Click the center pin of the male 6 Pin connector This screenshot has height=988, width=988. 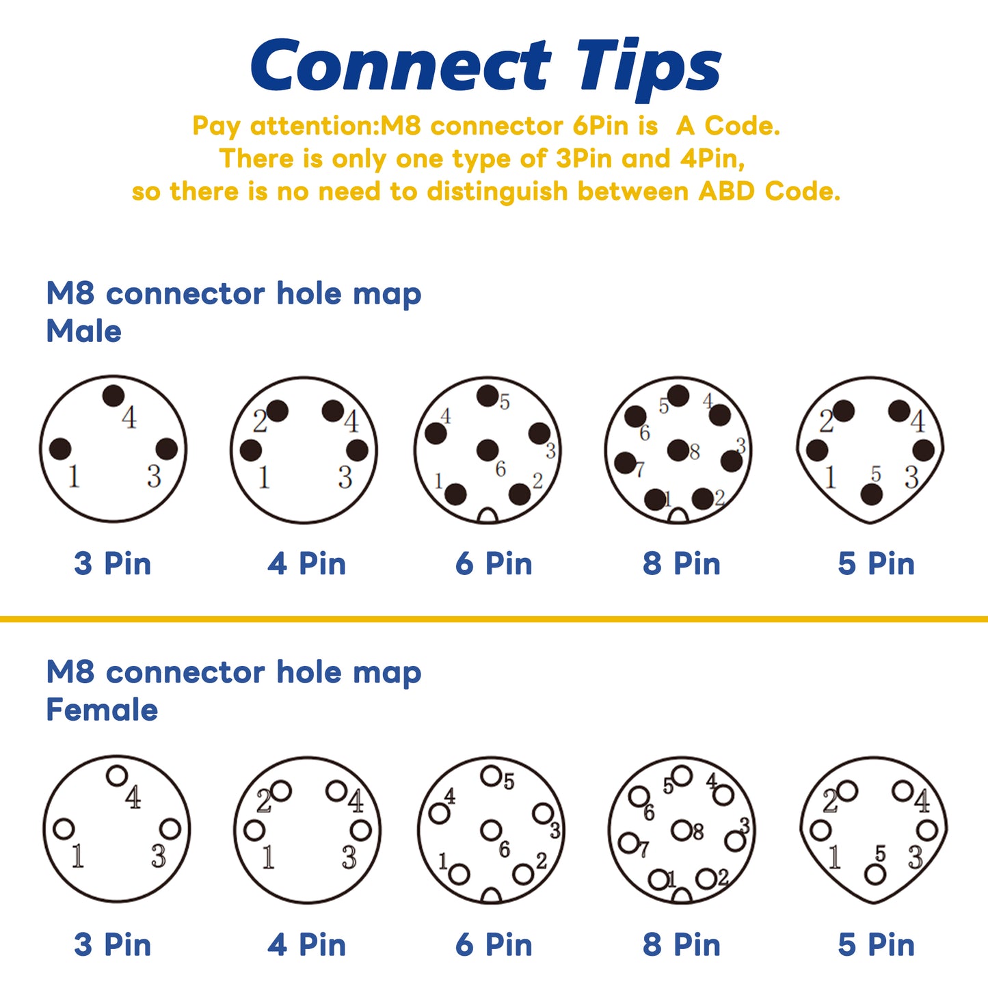pos(487,450)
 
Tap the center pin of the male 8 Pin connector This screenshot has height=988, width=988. pos(678,450)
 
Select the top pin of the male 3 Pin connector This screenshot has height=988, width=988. pos(114,396)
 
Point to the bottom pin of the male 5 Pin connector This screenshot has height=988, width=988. pos(871,495)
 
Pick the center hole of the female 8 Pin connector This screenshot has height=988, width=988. pos(682,830)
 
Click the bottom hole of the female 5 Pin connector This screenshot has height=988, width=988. pos(875,874)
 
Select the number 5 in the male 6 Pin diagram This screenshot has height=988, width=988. pos(505,402)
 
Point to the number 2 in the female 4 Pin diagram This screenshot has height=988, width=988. pos(264,801)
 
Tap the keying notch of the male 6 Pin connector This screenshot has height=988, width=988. pos(488,516)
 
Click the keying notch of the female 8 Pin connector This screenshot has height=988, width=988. pos(682,895)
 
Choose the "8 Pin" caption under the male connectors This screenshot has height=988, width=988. pos(682,563)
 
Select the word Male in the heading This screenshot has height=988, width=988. pos(84,331)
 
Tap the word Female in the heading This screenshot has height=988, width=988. pos(102,710)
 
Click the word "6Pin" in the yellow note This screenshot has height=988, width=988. pos(601,126)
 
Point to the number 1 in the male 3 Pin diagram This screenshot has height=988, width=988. pos(75,477)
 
